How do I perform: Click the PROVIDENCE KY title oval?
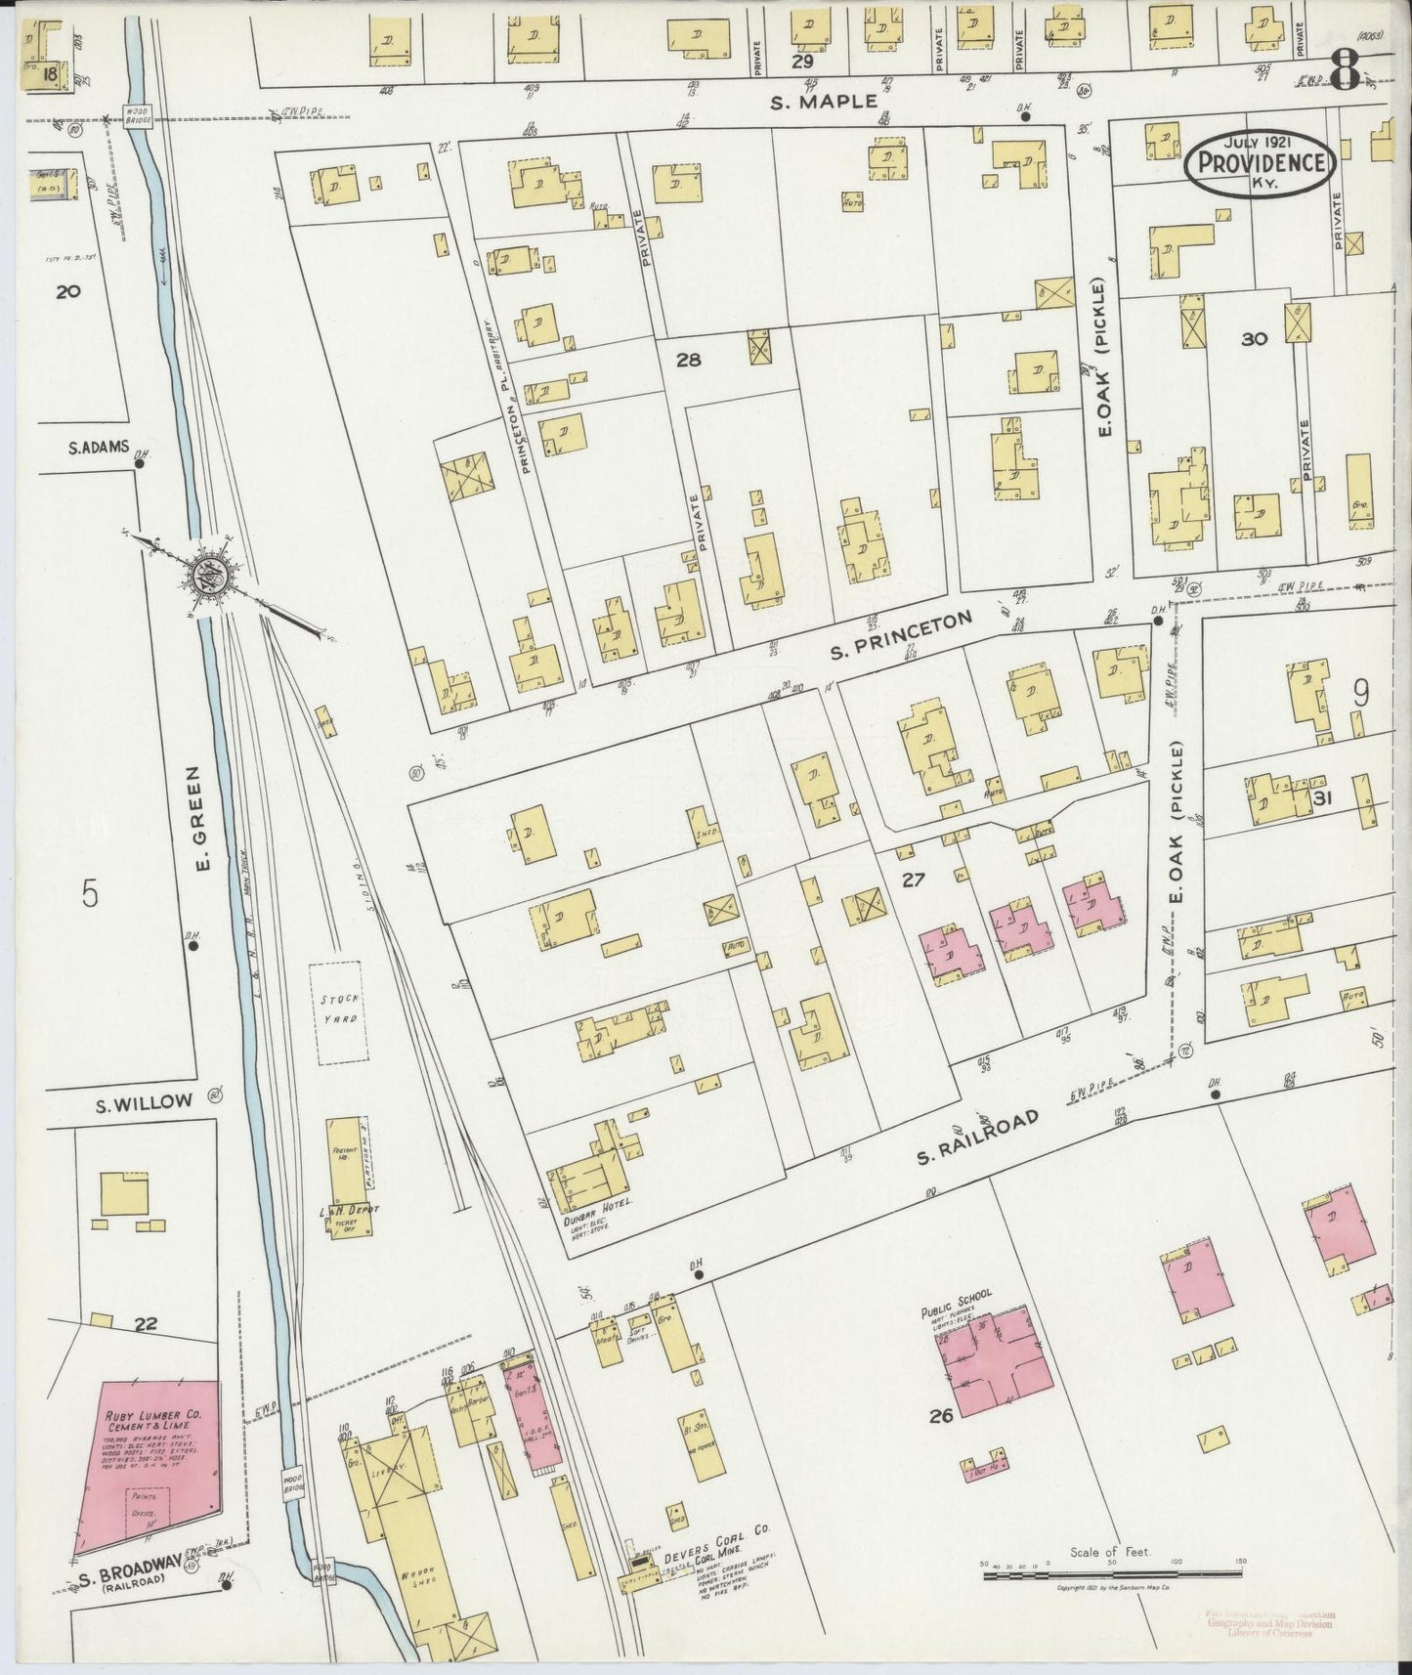coord(1260,163)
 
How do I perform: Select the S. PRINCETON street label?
coord(901,634)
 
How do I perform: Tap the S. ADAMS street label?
coord(99,448)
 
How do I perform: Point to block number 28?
coord(688,360)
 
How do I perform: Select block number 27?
coord(913,880)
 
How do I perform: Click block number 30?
coord(1254,339)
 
